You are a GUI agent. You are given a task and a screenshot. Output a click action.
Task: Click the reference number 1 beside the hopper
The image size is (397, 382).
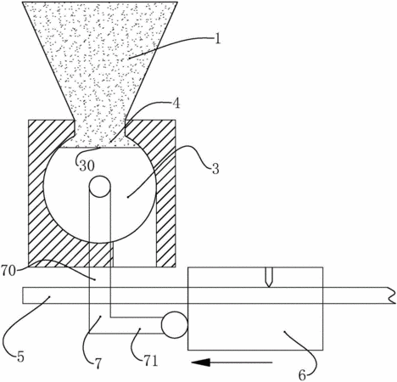(x=217, y=39)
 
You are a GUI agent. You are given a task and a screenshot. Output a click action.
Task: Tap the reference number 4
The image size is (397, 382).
(x=176, y=104)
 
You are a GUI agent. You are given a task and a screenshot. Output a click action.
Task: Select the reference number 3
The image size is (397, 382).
(x=215, y=169)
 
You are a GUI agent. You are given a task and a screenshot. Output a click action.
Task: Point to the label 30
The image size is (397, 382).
(x=87, y=166)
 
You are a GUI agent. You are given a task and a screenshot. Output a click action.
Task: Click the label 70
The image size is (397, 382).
(x=8, y=271)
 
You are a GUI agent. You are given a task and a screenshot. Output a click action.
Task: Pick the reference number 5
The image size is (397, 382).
(x=20, y=357)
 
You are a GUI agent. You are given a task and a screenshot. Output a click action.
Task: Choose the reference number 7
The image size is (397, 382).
(x=98, y=364)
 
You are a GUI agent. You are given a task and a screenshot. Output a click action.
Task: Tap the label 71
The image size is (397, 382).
(x=150, y=362)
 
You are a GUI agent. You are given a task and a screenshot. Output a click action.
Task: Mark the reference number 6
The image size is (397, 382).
(x=302, y=375)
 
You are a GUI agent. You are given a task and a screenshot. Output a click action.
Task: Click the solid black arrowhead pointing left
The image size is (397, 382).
(x=201, y=362)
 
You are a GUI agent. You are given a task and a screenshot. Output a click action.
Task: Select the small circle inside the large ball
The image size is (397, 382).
(x=99, y=187)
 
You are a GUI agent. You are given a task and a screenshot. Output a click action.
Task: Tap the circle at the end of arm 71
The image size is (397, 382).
(x=175, y=325)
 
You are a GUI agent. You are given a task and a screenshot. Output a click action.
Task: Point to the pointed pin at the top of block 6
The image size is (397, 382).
(x=269, y=278)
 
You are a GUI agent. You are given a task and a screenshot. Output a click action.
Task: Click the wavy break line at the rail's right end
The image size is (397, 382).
(x=392, y=295)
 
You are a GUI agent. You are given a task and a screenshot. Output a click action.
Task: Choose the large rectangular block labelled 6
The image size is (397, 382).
(x=255, y=308)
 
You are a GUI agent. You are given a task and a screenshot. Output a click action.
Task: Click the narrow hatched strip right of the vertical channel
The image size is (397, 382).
(x=165, y=215)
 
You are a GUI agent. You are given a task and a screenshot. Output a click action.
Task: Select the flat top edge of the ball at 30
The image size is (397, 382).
(x=99, y=147)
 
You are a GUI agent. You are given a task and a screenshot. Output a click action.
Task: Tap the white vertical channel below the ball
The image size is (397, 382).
(x=135, y=253)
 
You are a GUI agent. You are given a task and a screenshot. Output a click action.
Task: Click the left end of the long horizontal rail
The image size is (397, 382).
(x=23, y=295)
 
